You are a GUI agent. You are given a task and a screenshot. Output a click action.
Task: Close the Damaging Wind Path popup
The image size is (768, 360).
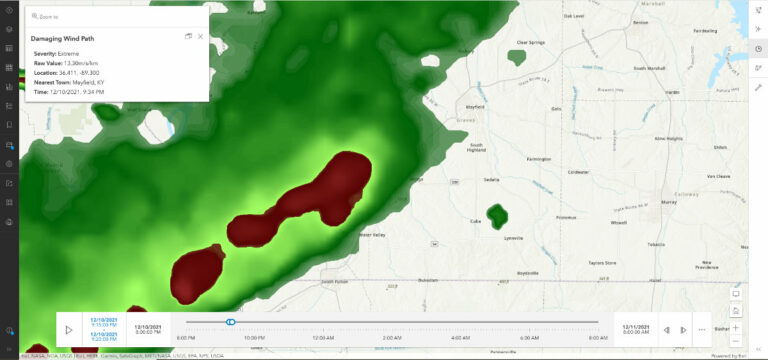pos(200,36)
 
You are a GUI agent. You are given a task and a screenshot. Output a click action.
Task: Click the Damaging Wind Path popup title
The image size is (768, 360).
pos(63,38)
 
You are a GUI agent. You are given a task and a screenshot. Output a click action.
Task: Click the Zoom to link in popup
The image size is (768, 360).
pos(46,17)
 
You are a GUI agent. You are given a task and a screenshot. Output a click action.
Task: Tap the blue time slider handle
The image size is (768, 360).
pos(231,322)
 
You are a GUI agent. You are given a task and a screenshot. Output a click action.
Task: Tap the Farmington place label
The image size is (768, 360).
pos(539,158)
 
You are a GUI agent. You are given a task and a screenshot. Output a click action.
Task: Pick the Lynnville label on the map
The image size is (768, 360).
pos(513,238)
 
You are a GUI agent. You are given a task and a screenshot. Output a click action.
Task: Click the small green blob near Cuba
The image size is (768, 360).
pos(492,216)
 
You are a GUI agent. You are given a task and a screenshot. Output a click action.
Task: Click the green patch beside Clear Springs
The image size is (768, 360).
pos(517,57)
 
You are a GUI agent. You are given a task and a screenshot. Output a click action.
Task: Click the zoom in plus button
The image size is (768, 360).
pos(737,327)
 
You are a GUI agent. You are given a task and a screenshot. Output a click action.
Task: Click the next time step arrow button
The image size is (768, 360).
pos(683,329)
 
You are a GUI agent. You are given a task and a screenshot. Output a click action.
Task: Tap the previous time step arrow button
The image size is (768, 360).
pos(667,329)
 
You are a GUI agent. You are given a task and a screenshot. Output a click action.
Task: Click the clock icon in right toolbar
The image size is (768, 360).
pos(758,48)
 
